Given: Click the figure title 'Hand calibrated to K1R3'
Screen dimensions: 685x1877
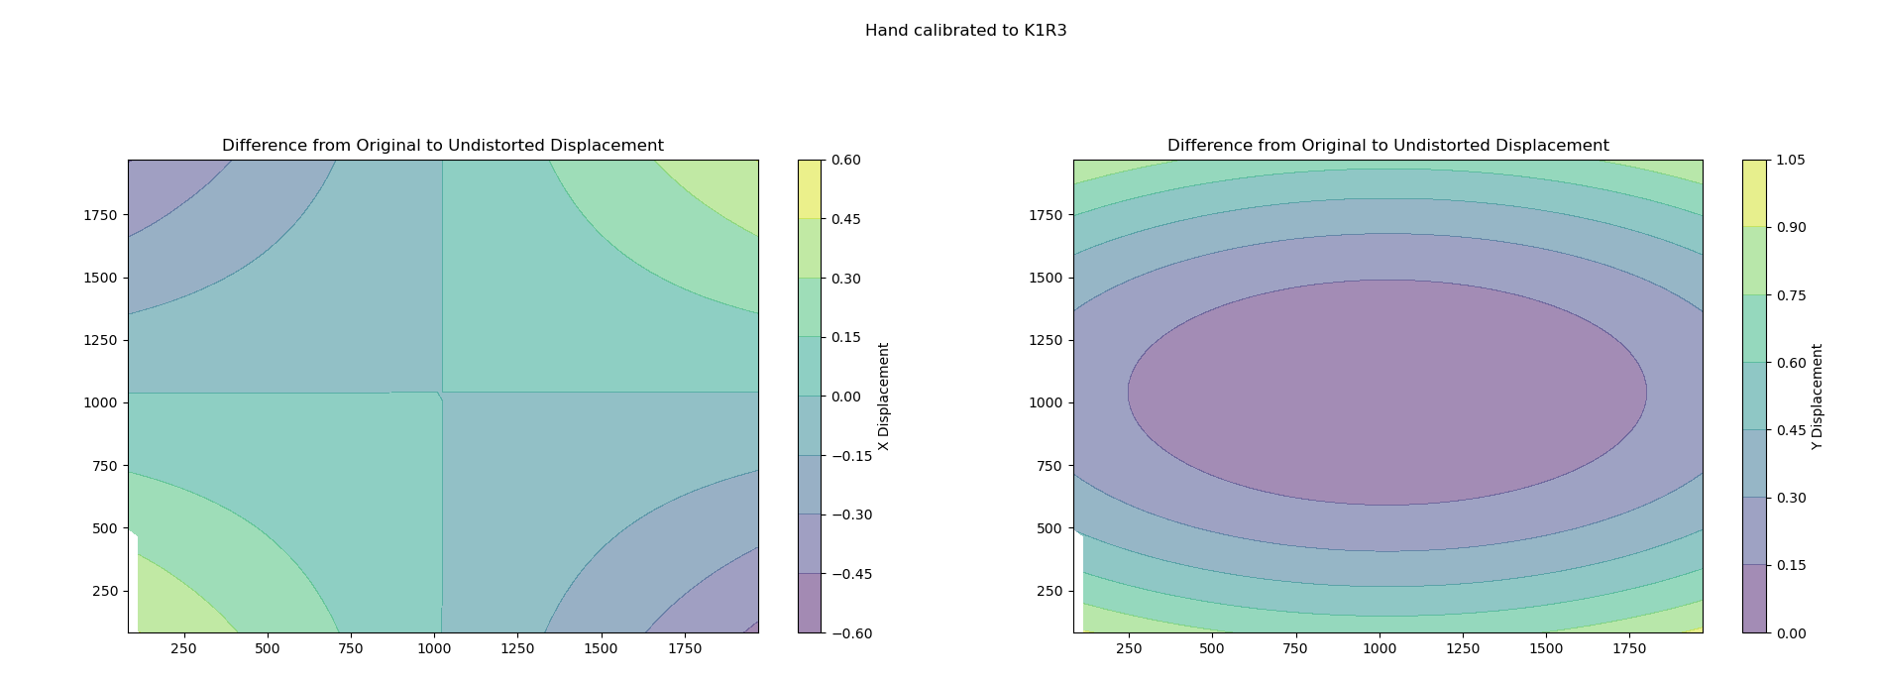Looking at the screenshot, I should [965, 31].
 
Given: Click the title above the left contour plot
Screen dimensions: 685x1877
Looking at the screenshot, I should [442, 146].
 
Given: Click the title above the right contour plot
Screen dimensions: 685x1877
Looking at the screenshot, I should [1387, 146].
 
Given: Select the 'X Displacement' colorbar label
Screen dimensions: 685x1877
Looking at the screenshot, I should [884, 397].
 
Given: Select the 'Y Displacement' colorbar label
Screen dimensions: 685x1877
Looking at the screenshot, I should [1817, 397].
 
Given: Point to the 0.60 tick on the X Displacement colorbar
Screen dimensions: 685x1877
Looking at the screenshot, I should [844, 160].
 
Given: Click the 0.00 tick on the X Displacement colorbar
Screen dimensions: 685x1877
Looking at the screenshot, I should [844, 397].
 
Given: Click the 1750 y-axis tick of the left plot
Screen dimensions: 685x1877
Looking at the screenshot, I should [100, 215].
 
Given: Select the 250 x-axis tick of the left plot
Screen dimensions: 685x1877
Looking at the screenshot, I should [183, 649].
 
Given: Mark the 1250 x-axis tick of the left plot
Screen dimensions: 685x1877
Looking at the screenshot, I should [517, 649].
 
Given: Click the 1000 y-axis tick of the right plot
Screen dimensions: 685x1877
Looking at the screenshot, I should [1046, 402].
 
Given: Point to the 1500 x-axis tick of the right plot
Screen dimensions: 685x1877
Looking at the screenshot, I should [1546, 649].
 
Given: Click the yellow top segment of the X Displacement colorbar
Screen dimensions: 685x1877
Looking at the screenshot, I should [809, 188].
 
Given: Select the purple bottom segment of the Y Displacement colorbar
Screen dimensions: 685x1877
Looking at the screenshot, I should [1754, 599].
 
